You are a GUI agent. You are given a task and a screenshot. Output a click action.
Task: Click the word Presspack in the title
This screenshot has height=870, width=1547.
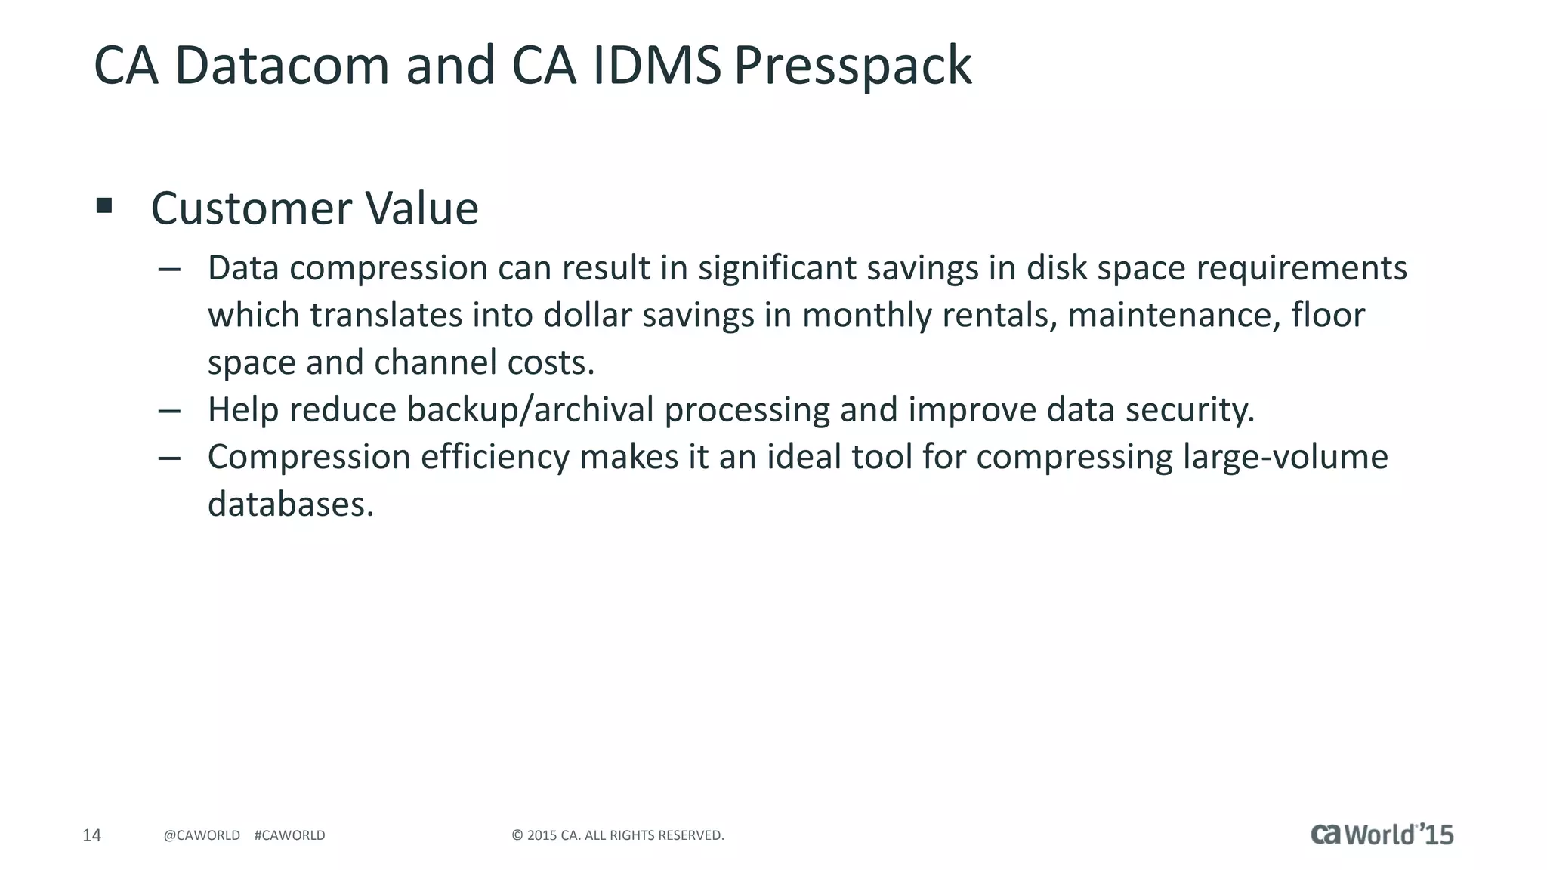(x=852, y=66)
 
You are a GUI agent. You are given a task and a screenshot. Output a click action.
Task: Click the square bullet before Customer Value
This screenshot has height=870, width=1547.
(x=104, y=205)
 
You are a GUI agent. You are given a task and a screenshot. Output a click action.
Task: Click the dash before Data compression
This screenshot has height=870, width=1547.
(x=169, y=269)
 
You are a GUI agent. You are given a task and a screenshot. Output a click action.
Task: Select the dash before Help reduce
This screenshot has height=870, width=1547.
(x=169, y=411)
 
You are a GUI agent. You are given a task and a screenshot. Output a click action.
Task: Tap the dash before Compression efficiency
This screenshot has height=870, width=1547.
(x=169, y=458)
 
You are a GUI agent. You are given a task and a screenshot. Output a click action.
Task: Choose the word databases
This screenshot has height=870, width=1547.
(x=291, y=504)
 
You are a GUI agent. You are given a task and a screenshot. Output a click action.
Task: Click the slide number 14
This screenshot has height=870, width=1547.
(x=91, y=835)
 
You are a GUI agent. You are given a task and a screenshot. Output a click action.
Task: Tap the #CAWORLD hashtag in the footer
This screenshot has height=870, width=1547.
(x=289, y=835)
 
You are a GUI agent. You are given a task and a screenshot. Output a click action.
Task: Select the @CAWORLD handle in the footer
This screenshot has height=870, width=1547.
(x=202, y=835)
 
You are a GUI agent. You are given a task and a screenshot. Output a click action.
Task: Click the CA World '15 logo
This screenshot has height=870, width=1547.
(x=1382, y=835)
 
